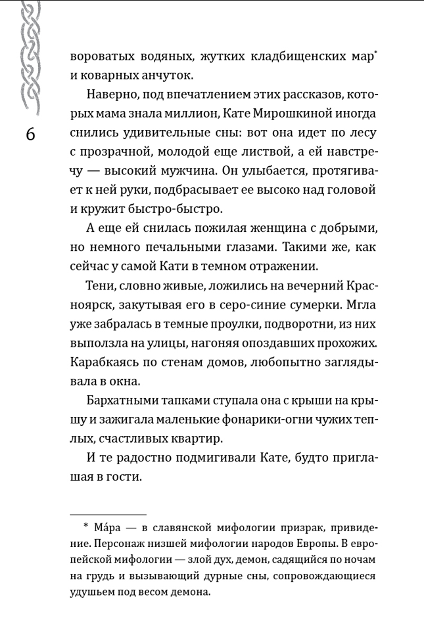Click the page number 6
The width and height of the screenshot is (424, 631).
32,133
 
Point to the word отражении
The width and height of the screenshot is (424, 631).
287,267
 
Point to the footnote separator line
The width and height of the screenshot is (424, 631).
108,514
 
